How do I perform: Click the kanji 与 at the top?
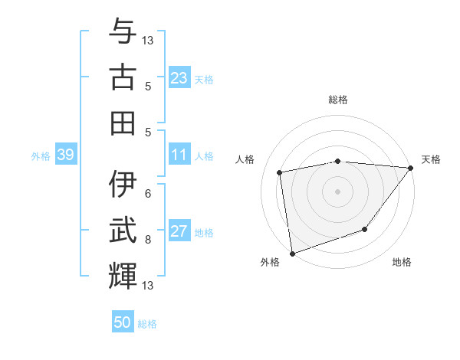tap(123, 31)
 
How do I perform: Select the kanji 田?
tap(123, 123)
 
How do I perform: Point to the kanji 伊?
tap(123, 185)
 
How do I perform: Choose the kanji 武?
tap(123, 231)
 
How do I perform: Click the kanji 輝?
tap(123, 277)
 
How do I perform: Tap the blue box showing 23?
tap(179, 78)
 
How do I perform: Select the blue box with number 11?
tap(179, 155)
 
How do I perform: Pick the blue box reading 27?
tap(179, 232)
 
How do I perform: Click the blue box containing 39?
tap(65, 155)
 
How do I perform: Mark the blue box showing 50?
tap(123, 322)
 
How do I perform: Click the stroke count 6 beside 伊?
tap(148, 194)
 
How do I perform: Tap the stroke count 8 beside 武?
tap(148, 240)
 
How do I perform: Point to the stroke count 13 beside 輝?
tap(148, 286)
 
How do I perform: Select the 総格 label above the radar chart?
tap(338, 100)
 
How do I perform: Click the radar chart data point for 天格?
tap(411, 169)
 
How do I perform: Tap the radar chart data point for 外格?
tap(292, 253)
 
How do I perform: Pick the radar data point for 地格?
tap(365, 229)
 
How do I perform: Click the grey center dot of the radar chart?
tap(337, 191)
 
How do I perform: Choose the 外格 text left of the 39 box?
tap(41, 156)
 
